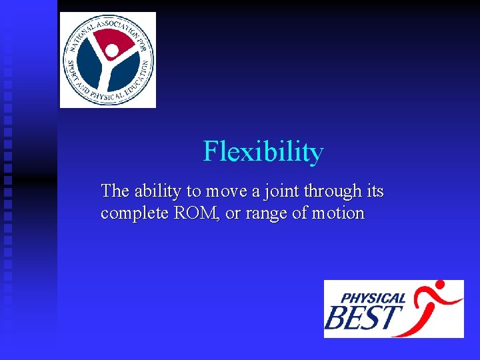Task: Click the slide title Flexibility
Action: (263, 152)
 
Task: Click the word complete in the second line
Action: (131, 214)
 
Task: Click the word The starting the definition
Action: (115, 191)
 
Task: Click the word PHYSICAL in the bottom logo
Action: (373, 298)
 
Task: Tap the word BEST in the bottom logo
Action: (363, 318)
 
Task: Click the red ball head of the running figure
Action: (441, 289)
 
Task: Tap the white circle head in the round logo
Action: (112, 51)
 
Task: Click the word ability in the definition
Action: (157, 191)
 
